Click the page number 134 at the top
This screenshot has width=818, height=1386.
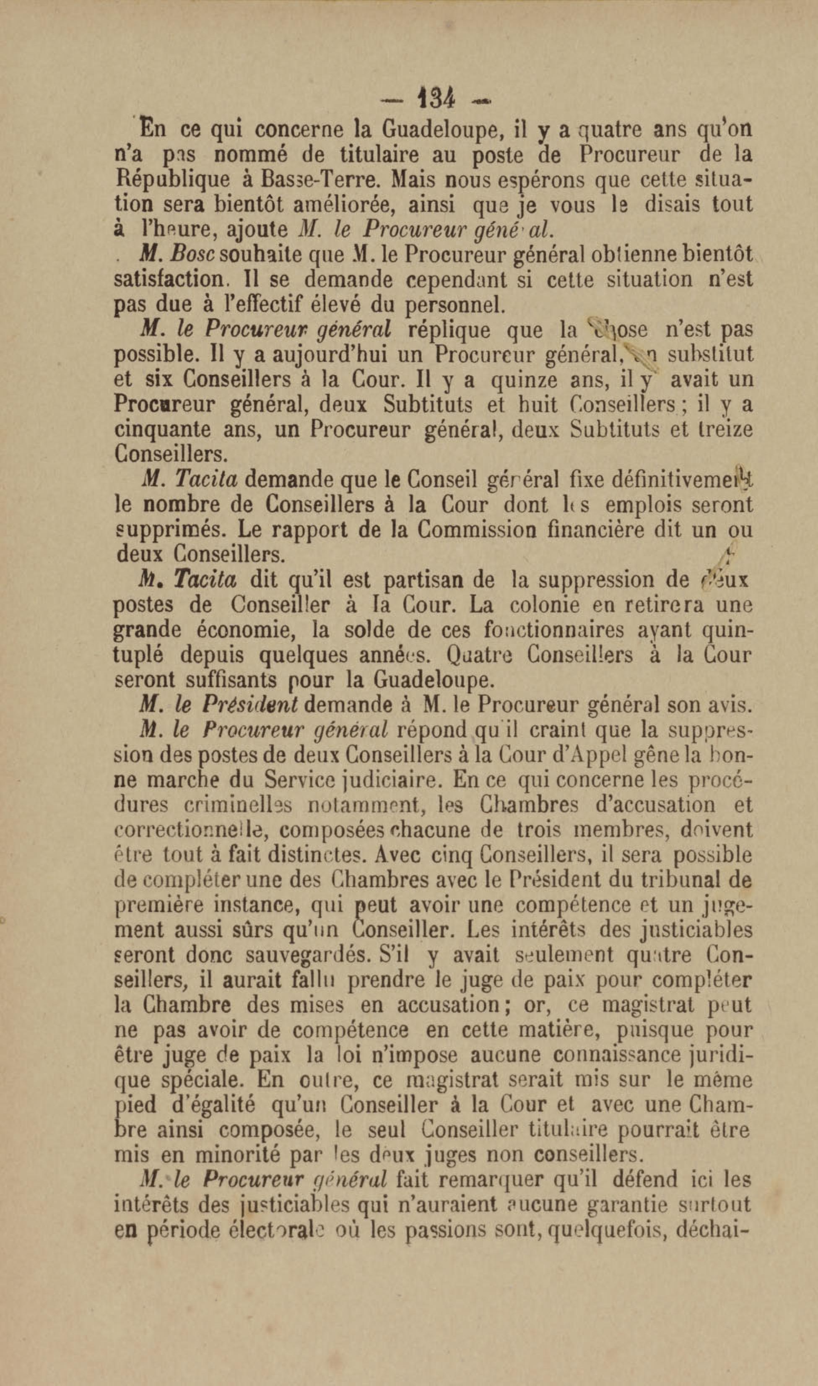click(436, 99)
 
